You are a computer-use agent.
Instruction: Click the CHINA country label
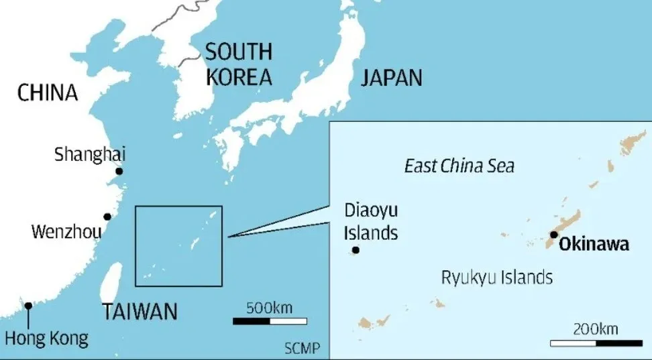48,93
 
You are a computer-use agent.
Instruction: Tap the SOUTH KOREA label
239,64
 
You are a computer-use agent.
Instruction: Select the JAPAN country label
392,78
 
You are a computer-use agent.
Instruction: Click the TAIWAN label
140,311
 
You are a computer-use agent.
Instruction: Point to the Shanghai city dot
119,171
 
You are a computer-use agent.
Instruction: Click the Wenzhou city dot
107,217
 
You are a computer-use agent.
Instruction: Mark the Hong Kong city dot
28,306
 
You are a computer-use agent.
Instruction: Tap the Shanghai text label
90,154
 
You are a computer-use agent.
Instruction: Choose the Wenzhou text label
66,233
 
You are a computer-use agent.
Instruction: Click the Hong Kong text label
46,339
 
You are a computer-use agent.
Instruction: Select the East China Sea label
459,166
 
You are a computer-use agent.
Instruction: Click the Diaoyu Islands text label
371,222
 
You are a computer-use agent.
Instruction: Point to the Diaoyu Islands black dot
356,250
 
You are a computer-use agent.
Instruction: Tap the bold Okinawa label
595,244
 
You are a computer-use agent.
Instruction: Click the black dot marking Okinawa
554,235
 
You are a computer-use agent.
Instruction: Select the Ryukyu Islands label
496,277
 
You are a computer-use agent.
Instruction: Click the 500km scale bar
270,321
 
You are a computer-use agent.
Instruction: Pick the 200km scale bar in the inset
595,343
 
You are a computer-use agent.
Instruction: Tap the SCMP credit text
302,349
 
